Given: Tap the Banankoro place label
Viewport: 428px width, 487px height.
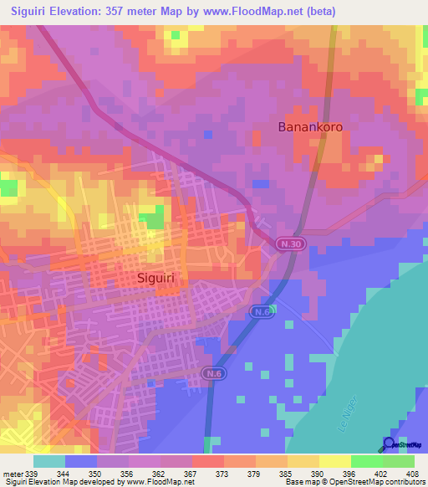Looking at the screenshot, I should tap(310, 127).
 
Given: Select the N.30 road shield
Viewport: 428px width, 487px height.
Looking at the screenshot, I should tap(287, 243).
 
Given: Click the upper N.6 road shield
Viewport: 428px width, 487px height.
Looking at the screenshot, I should tap(261, 311).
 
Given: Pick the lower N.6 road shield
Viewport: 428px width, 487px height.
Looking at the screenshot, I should tap(212, 372).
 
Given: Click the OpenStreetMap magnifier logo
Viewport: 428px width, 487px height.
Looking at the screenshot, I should tap(390, 443).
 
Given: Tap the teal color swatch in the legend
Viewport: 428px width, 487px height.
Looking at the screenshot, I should tap(48, 461).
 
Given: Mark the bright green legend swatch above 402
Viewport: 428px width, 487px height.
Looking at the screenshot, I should tap(366, 461).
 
